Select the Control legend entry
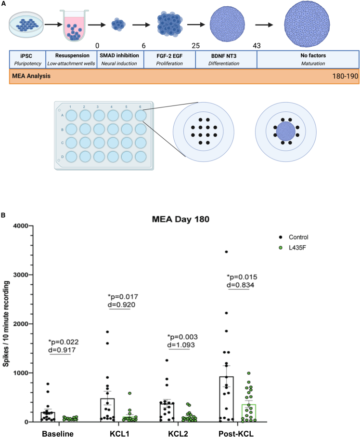coord(302,237)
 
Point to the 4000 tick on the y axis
coord(20,225)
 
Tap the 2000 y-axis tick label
coord(20,324)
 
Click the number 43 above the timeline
coord(257,45)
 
